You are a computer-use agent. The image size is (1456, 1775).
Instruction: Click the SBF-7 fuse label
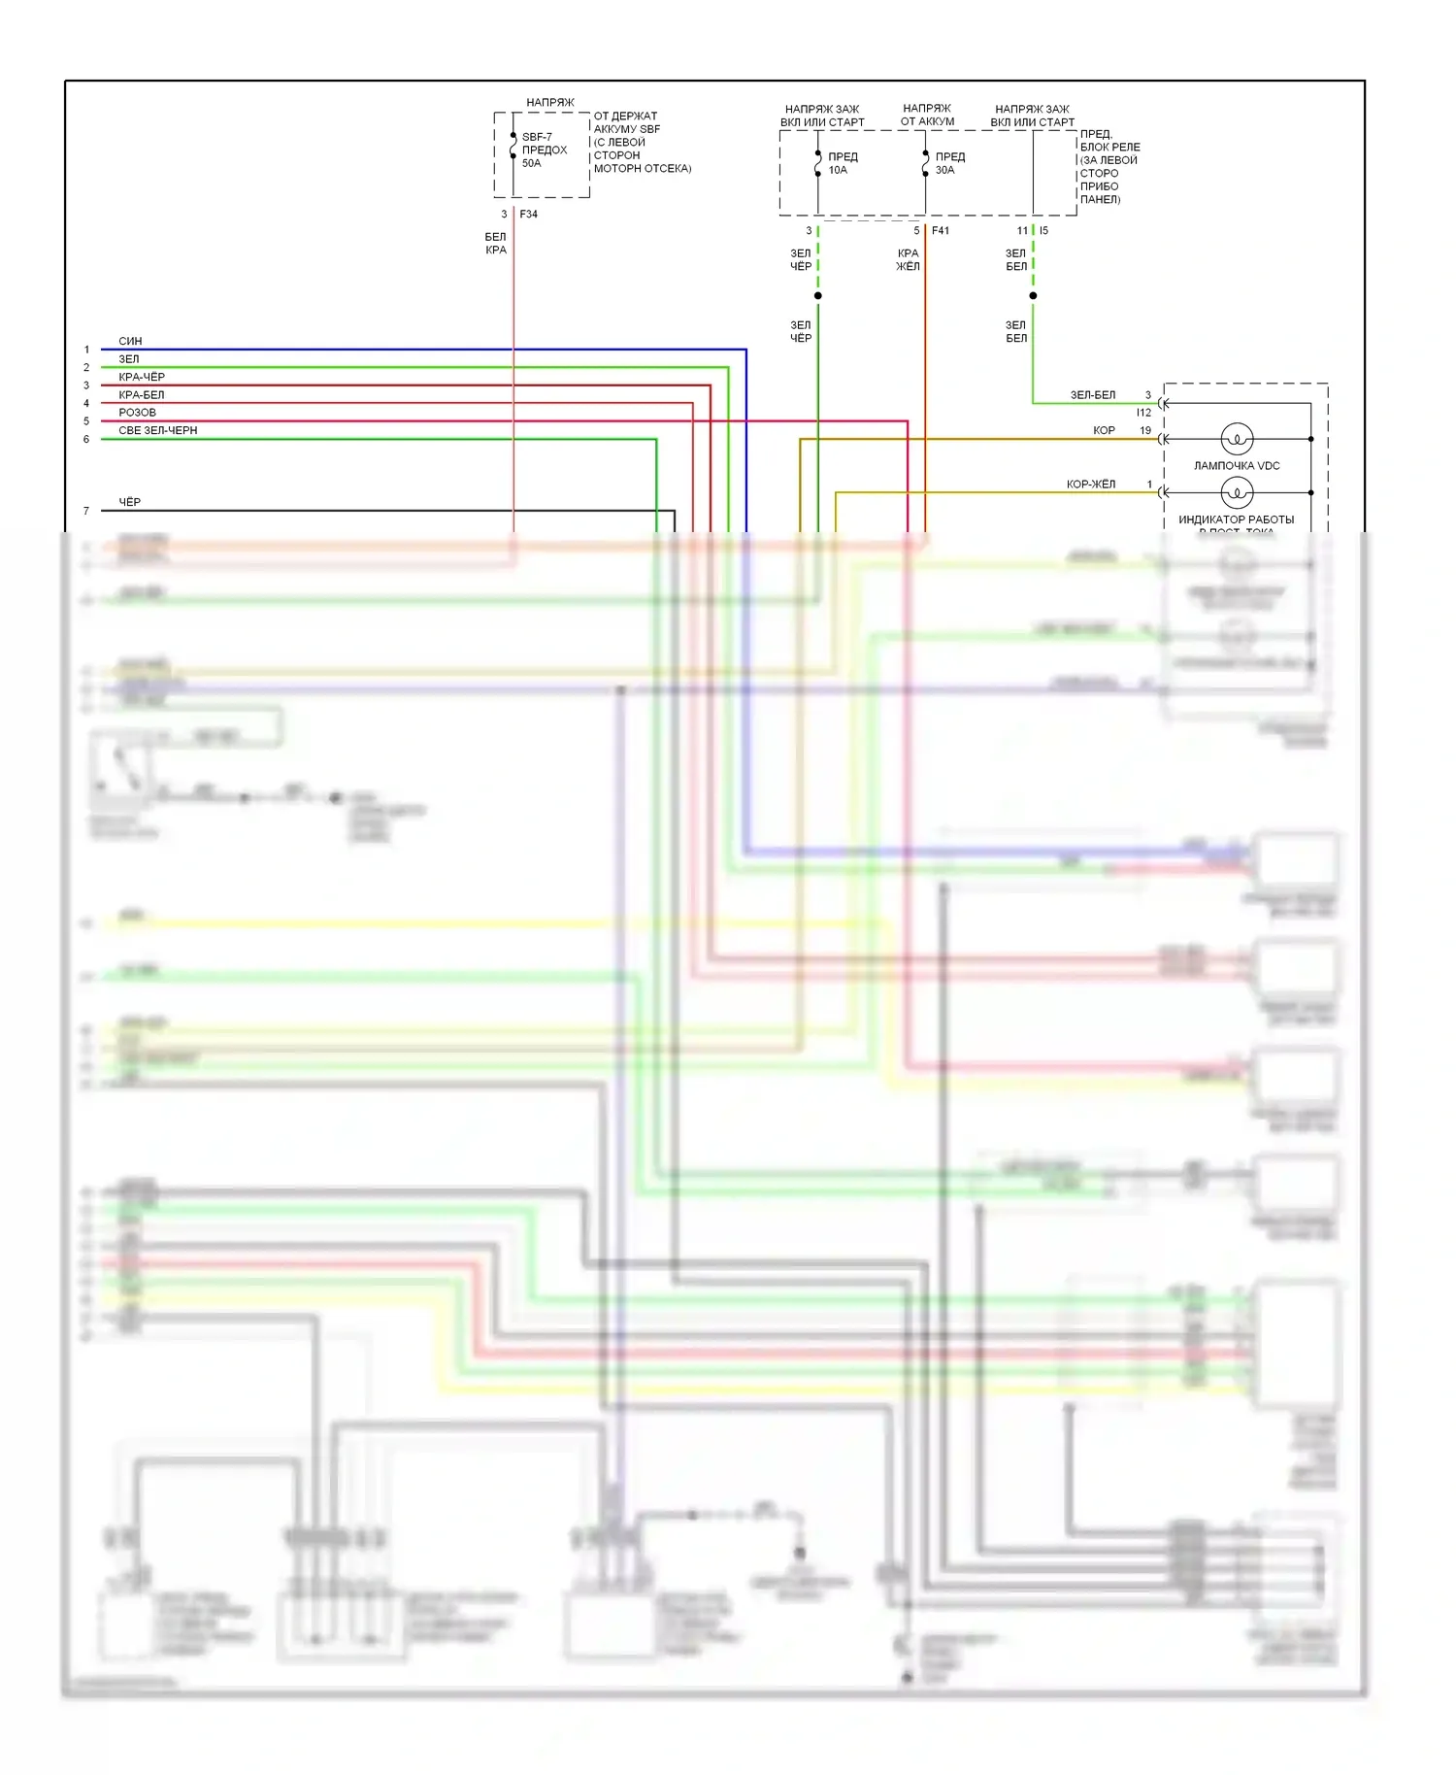pyautogui.click(x=537, y=137)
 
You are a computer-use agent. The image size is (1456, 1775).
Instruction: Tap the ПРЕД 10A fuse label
pyautogui.click(x=842, y=163)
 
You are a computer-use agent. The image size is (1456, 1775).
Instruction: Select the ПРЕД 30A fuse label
pyautogui.click(x=949, y=163)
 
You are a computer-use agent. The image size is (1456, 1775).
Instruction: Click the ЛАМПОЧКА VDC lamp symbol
pyautogui.click(x=1237, y=439)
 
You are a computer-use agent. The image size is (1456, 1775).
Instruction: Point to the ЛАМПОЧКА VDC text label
pyautogui.click(x=1237, y=466)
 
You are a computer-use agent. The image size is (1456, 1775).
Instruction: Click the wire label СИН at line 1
pyautogui.click(x=130, y=341)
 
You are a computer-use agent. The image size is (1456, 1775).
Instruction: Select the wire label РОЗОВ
pyautogui.click(x=137, y=413)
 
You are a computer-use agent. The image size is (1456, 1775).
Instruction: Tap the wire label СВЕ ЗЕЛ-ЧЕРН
pyautogui.click(x=157, y=430)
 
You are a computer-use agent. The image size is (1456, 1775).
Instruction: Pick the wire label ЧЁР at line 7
pyautogui.click(x=129, y=502)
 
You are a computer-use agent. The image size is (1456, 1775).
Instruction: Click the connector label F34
pyautogui.click(x=529, y=215)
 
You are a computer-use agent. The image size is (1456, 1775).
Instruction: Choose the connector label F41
pyautogui.click(x=941, y=231)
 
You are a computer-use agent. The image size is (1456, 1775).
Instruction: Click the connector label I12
pyautogui.click(x=1143, y=413)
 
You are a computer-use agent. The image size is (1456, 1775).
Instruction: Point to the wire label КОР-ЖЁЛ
pyautogui.click(x=1091, y=484)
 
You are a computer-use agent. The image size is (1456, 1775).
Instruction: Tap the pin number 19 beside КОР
pyautogui.click(x=1145, y=430)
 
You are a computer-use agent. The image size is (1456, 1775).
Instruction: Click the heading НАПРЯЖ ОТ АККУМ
pyautogui.click(x=927, y=115)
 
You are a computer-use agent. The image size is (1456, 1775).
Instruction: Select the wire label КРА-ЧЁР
pyautogui.click(x=142, y=377)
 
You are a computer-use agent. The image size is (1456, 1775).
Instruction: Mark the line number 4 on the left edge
pyautogui.click(x=86, y=404)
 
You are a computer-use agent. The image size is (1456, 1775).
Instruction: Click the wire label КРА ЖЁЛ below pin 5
pyautogui.click(x=908, y=259)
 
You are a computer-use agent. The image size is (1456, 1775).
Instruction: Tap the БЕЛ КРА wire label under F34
pyautogui.click(x=495, y=243)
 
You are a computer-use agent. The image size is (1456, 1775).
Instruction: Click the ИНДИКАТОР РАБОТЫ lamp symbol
pyautogui.click(x=1237, y=493)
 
